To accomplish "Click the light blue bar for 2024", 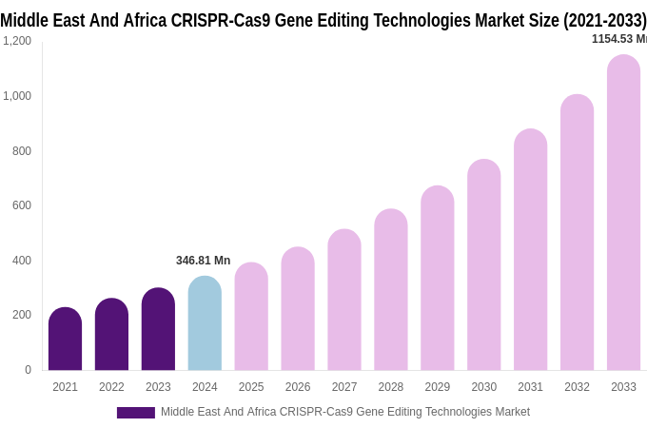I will click(205, 323).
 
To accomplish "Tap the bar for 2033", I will click(623, 213).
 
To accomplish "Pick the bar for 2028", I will click(390, 290).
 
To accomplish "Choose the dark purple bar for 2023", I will click(158, 329).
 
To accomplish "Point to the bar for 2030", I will click(483, 265).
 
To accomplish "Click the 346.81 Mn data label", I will click(203, 261).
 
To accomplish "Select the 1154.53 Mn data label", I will click(618, 39).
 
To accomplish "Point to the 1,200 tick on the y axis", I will click(17, 41).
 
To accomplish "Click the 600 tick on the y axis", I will click(21, 205).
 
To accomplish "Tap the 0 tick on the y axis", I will click(28, 370).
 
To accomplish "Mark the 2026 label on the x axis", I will click(298, 387).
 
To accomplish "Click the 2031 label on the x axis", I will click(530, 387).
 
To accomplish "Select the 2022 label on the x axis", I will click(111, 387).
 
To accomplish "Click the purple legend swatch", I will click(135, 413).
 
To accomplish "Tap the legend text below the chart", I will click(344, 412).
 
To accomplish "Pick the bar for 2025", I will click(251, 317).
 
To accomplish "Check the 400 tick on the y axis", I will click(21, 261).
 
